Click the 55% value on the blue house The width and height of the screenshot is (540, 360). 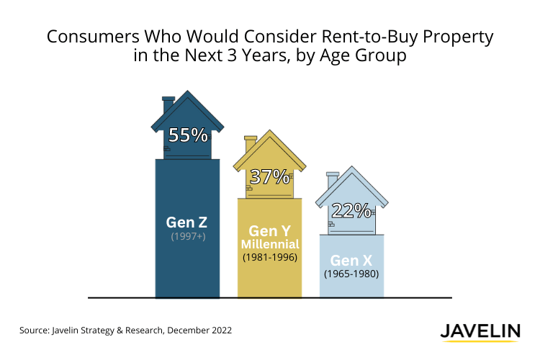[188, 135]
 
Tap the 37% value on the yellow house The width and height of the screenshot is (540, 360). [269, 176]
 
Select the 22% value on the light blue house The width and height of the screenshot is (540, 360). [351, 210]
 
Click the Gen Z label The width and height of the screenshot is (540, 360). [187, 222]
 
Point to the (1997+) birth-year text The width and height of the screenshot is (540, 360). [187, 236]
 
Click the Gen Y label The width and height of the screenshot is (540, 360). [269, 231]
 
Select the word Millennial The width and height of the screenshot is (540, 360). [269, 244]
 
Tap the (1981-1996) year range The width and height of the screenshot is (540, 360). [269, 256]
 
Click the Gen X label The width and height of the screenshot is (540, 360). [351, 260]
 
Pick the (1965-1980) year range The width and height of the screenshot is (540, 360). [351, 274]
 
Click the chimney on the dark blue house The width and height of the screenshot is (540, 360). [168, 104]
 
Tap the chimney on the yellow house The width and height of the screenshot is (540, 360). [251, 143]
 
